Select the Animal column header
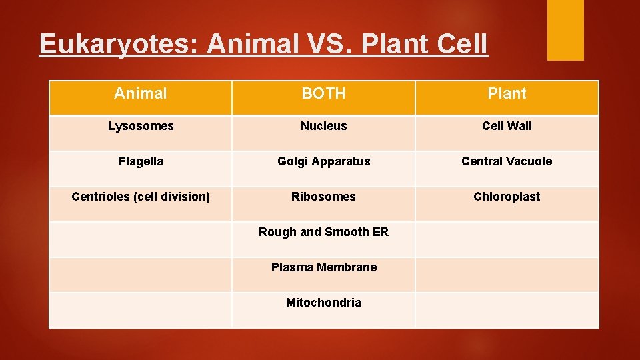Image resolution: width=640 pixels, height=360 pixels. coord(141,94)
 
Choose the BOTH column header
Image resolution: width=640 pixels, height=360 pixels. coord(323,94)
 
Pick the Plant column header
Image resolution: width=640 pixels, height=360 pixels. coord(507,94)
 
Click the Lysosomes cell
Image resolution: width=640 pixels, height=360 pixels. coord(141,126)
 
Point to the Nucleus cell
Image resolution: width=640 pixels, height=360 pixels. coord(323,126)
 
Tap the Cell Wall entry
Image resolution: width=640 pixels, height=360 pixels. coord(507,126)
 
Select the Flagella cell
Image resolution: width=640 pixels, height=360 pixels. coord(141,161)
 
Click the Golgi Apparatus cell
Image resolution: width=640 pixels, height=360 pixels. coord(323,161)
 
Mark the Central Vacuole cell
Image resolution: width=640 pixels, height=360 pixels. coord(507,161)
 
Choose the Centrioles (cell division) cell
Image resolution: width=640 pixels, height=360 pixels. coord(141,197)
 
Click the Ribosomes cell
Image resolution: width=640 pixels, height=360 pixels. coord(323,197)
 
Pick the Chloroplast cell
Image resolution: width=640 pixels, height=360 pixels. coord(507,197)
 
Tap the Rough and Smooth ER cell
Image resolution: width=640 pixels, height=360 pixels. coord(323,232)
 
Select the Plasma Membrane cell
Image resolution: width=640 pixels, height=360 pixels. coord(323,267)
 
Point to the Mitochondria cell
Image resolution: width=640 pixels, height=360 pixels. coord(323,303)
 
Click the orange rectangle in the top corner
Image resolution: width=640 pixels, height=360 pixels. coord(565,29)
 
